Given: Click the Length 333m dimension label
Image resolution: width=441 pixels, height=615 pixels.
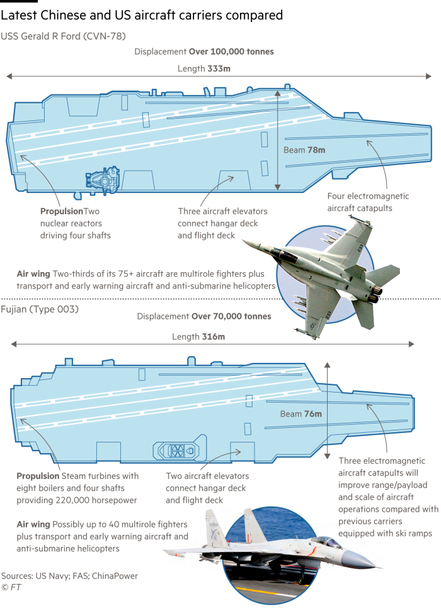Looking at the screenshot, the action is tap(204, 69).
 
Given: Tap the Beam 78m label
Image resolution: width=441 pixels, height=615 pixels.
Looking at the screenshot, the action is tap(304, 150).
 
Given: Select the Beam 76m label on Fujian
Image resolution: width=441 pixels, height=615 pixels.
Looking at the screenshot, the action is tap(301, 414).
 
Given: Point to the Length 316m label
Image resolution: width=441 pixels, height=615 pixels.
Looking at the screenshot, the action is tap(198, 336).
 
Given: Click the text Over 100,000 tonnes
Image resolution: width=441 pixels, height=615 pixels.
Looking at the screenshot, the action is tap(231, 52).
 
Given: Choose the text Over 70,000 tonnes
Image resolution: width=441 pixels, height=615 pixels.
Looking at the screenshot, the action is tap(231, 316).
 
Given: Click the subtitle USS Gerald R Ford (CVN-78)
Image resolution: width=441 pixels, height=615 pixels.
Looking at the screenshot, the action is tap(63, 36).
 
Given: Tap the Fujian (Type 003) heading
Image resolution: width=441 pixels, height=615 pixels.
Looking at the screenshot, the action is tap(40, 309).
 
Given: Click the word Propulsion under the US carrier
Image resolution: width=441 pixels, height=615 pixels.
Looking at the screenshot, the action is tap(62, 211).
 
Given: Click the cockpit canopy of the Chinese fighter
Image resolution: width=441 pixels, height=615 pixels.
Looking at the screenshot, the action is tap(326, 542).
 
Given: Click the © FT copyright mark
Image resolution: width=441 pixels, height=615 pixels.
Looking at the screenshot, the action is tap(11, 587).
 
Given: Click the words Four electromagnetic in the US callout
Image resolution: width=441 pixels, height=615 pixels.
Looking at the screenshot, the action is tap(368, 196).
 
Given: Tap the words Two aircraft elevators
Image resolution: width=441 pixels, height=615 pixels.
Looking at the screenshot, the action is tap(207, 476).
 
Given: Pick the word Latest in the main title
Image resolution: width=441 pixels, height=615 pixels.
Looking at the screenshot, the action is tap(19, 15).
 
